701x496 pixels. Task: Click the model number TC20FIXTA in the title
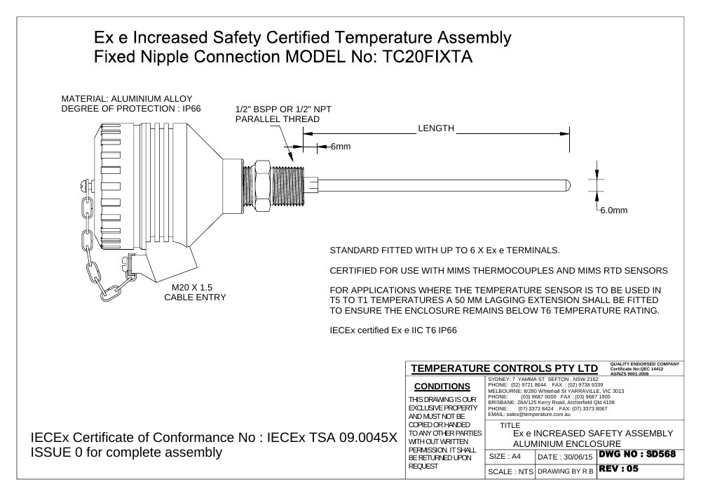pos(428,57)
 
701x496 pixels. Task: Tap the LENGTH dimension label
pos(436,128)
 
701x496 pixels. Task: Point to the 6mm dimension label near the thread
pos(341,147)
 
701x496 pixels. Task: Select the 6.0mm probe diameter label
pos(614,210)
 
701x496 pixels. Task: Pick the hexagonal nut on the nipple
pos(262,185)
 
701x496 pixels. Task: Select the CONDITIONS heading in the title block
pos(442,387)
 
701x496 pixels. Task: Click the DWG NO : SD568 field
pos(637,455)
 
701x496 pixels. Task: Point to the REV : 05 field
pos(619,469)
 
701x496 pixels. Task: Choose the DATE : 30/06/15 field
pos(565,457)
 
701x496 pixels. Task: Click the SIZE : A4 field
pos(505,457)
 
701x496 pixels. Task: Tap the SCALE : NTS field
pos(510,472)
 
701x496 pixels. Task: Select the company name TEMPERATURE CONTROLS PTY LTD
pos(504,368)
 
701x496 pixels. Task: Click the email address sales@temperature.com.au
pos(538,415)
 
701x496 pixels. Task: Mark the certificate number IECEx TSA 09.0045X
pos(332,437)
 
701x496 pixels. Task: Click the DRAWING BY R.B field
pos(566,471)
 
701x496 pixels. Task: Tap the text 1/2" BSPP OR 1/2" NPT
pos(283,109)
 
